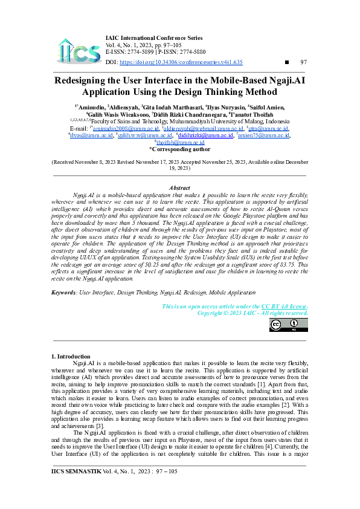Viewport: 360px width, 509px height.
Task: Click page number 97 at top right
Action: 303,62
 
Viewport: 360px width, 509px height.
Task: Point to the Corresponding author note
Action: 180,149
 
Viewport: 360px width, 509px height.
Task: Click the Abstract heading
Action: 180,189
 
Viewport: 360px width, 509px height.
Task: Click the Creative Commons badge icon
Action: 288,325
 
